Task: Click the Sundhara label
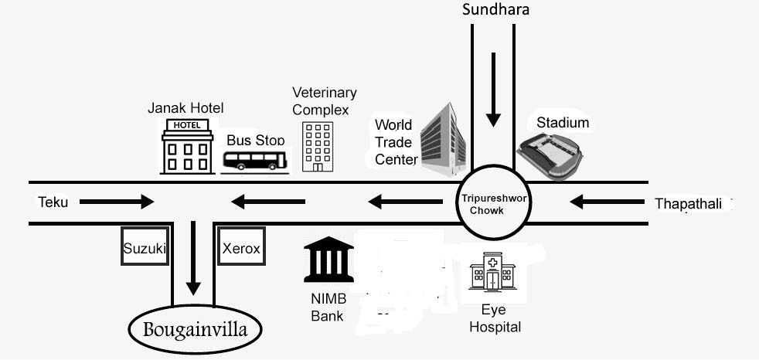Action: pyautogui.click(x=495, y=10)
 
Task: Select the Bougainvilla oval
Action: pyautogui.click(x=195, y=331)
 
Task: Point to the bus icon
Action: pyautogui.click(x=255, y=160)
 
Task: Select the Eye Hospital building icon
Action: pyautogui.click(x=492, y=271)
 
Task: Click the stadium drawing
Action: pyautogui.click(x=550, y=155)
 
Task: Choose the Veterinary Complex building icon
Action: pyautogui.click(x=318, y=147)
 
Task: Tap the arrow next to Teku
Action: pyautogui.click(x=117, y=202)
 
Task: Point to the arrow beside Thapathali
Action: pyautogui.click(x=608, y=202)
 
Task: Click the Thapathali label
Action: pyautogui.click(x=689, y=204)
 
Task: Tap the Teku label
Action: pyautogui.click(x=53, y=202)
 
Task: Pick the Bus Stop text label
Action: pyautogui.click(x=256, y=141)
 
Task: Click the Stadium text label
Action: pyautogui.click(x=563, y=123)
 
